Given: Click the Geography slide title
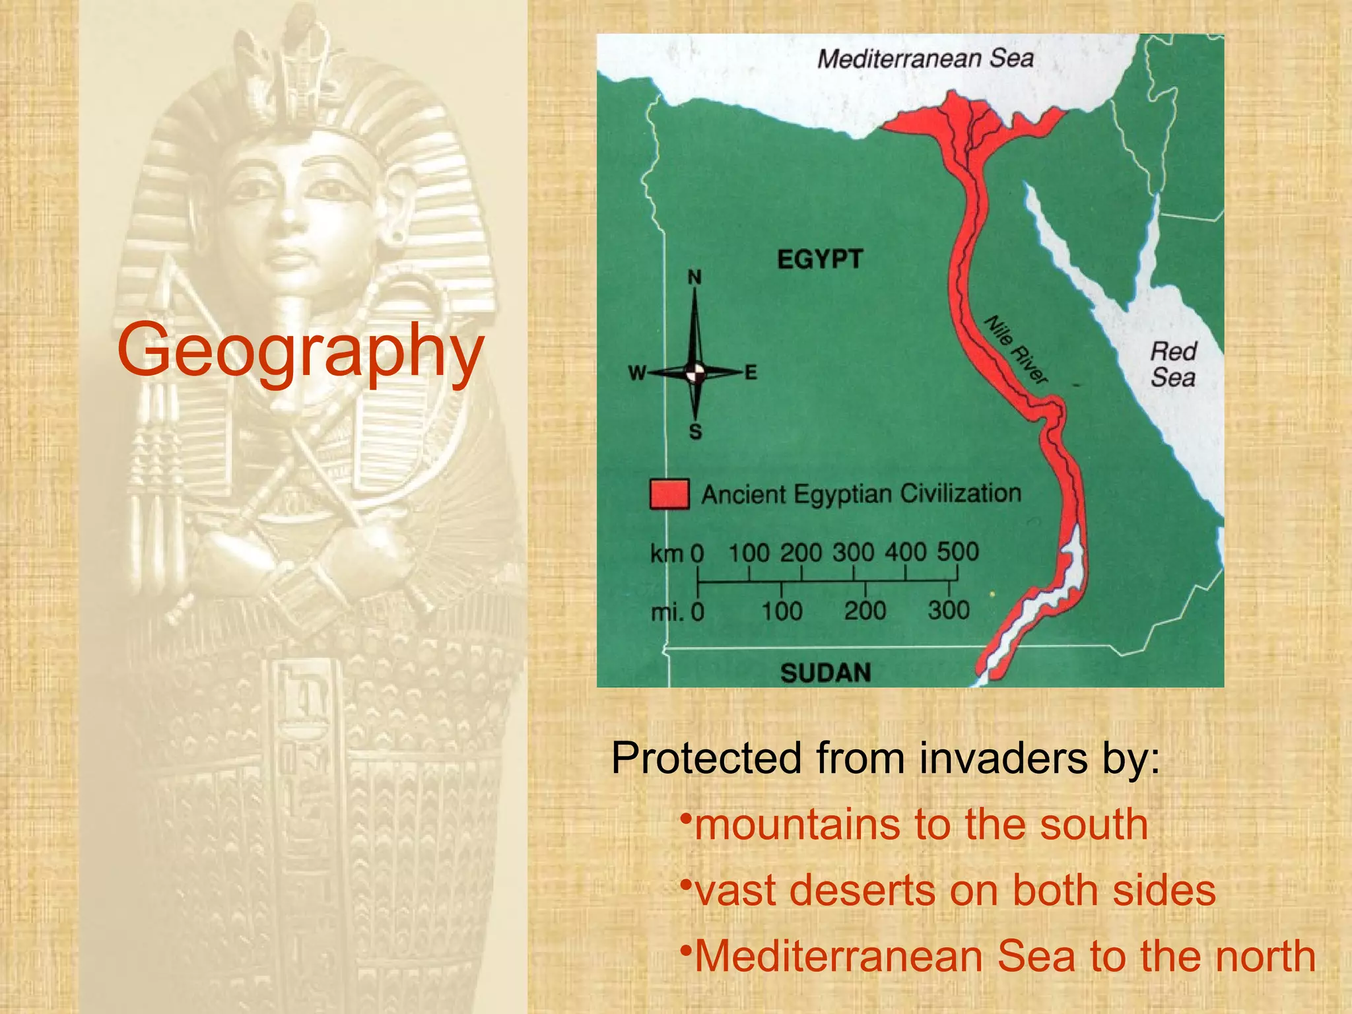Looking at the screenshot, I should pyautogui.click(x=300, y=351).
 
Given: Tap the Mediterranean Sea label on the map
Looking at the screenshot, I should pyautogui.click(x=925, y=59).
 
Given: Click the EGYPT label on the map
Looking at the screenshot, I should pyautogui.click(x=820, y=259).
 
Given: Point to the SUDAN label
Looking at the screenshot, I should pyautogui.click(x=826, y=673).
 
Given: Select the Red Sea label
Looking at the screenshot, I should pyautogui.click(x=1173, y=364).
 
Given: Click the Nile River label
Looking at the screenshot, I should pyautogui.click(x=1016, y=350).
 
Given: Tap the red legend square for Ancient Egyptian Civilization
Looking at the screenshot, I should pyautogui.click(x=669, y=494).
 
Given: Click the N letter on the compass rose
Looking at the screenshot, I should pyautogui.click(x=694, y=277).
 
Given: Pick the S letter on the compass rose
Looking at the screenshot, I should pyautogui.click(x=695, y=432).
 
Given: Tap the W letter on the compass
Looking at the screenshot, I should pyautogui.click(x=636, y=374).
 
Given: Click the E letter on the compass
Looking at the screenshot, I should pyautogui.click(x=751, y=373).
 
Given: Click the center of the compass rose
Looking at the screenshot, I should pyautogui.click(x=694, y=373).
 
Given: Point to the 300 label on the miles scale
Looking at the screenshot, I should pyautogui.click(x=949, y=611).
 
